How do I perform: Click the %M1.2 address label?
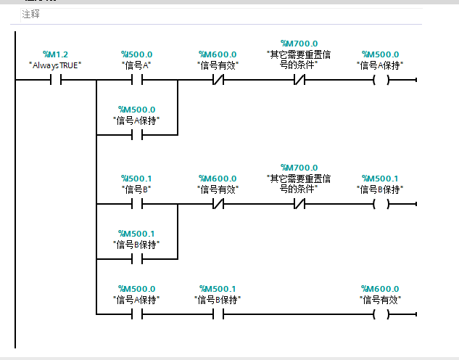point(55,54)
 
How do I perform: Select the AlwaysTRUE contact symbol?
point(55,80)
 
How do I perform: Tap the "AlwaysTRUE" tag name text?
point(55,65)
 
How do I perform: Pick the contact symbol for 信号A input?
point(136,80)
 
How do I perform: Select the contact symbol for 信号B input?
point(136,204)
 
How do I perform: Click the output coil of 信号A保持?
point(380,80)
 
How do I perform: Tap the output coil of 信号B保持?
point(380,204)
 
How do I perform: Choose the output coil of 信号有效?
point(380,314)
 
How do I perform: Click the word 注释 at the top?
point(30,14)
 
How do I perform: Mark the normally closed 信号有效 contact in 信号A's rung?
point(218,80)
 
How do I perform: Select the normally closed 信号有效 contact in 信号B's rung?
point(218,204)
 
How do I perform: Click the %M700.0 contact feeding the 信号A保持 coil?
point(299,80)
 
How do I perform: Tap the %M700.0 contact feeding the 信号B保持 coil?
point(299,204)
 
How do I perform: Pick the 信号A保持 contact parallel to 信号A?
point(136,135)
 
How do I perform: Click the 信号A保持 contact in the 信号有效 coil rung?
point(136,314)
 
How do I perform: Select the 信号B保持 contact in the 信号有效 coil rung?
point(218,314)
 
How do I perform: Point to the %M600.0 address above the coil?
point(380,289)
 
